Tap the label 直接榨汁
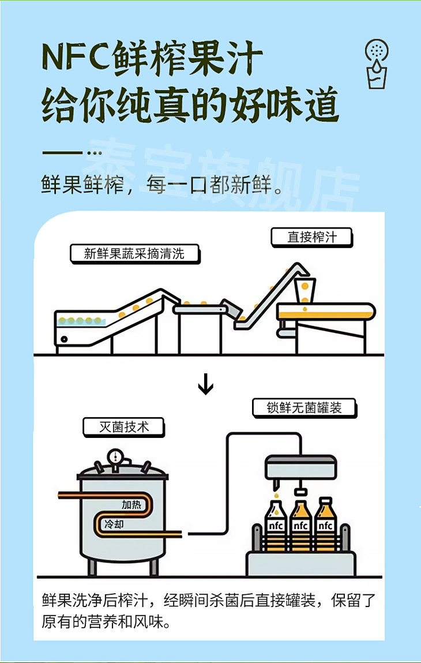tap(311, 237)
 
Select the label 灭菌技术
tap(123, 426)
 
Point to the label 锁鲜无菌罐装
tap(304, 407)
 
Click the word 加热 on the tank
tap(131, 505)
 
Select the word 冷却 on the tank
tap(114, 525)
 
